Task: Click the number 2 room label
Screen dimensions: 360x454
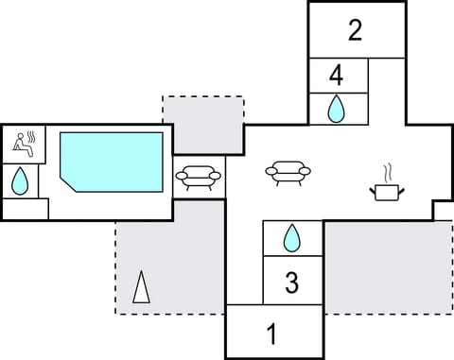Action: point(355,29)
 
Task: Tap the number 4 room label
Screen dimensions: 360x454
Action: point(336,75)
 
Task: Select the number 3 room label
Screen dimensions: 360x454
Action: point(292,283)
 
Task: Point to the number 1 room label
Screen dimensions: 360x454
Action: point(273,334)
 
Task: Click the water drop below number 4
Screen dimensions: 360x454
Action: point(336,109)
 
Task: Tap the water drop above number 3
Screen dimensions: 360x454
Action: point(292,237)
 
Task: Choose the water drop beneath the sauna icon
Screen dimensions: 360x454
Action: point(20,180)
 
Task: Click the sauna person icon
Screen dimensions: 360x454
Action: point(23,143)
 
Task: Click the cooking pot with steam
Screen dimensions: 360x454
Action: point(386,190)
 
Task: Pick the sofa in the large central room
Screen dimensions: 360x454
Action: point(288,172)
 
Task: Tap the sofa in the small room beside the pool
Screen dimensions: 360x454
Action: point(199,178)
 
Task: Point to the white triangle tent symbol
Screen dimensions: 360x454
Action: point(141,287)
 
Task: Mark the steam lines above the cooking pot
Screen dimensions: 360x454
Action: point(386,173)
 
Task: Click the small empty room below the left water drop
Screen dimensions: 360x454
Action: point(25,209)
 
